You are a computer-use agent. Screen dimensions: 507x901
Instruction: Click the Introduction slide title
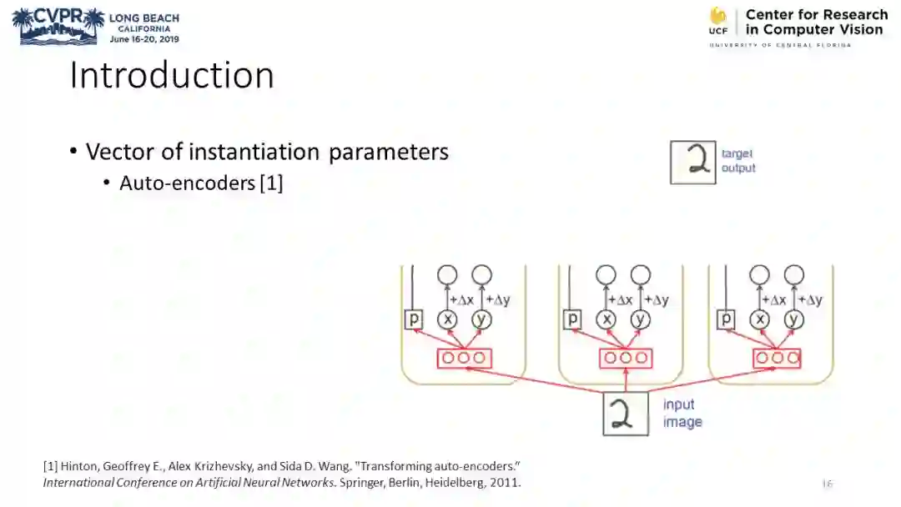[x=171, y=75]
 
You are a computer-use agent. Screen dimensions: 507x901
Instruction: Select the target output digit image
[x=693, y=162]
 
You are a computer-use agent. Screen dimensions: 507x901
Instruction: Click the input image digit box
[x=626, y=413]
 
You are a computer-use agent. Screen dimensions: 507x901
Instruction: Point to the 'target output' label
[x=738, y=161]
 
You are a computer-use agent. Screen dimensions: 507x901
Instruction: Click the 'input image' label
[x=682, y=414]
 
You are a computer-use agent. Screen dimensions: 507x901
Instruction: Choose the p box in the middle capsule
[x=572, y=319]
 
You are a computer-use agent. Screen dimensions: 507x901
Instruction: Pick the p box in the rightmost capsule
[x=726, y=319]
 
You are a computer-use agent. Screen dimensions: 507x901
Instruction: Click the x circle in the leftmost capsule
[x=448, y=319]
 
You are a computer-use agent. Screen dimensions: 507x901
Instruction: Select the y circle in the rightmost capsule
[x=794, y=319]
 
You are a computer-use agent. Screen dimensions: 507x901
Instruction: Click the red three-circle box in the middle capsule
[x=625, y=358]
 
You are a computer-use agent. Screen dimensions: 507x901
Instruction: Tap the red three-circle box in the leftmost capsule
[x=464, y=358]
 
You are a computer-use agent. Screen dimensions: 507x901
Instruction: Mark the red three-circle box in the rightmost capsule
[x=777, y=358]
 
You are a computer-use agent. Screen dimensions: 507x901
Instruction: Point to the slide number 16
[x=827, y=484]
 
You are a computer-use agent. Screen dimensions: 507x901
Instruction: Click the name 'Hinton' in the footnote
[x=77, y=465]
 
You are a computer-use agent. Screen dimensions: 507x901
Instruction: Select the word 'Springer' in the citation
[x=355, y=482]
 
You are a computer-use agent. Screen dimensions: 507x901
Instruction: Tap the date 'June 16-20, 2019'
[x=144, y=38]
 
